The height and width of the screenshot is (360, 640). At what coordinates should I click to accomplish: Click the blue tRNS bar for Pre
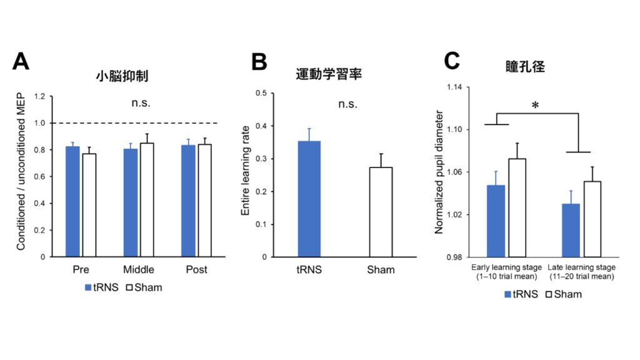72,201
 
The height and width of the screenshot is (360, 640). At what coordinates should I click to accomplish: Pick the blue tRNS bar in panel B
309,199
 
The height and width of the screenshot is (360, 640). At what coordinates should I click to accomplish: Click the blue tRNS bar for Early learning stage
496,221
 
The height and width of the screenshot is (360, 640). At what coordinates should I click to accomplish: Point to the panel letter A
21,62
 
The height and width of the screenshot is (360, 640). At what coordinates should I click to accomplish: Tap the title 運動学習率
329,74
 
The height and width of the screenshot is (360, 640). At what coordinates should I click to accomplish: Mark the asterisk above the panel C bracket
535,106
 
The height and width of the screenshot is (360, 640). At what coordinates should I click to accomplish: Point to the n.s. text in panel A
140,103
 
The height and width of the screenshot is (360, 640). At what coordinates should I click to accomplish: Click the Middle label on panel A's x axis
139,270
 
